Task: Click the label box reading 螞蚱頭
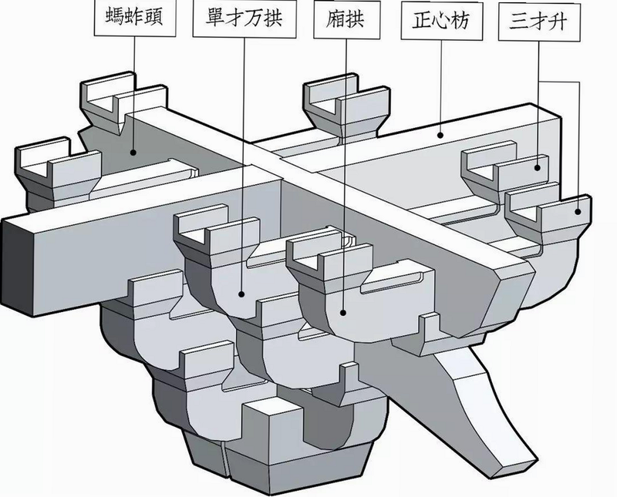(x=134, y=17)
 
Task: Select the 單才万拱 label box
(x=244, y=18)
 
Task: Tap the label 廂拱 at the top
(x=346, y=19)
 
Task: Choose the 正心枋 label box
(x=441, y=20)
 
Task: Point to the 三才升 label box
(x=539, y=22)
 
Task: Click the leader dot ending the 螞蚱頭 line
(x=134, y=152)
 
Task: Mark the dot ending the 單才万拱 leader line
(x=241, y=294)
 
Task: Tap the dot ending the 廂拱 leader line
(x=343, y=313)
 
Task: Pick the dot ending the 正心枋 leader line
(x=441, y=136)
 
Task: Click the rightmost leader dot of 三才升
(x=578, y=212)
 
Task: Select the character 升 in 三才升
(x=558, y=22)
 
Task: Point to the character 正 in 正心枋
(x=422, y=20)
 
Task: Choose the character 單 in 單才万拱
(x=215, y=18)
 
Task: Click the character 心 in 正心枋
(x=441, y=20)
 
